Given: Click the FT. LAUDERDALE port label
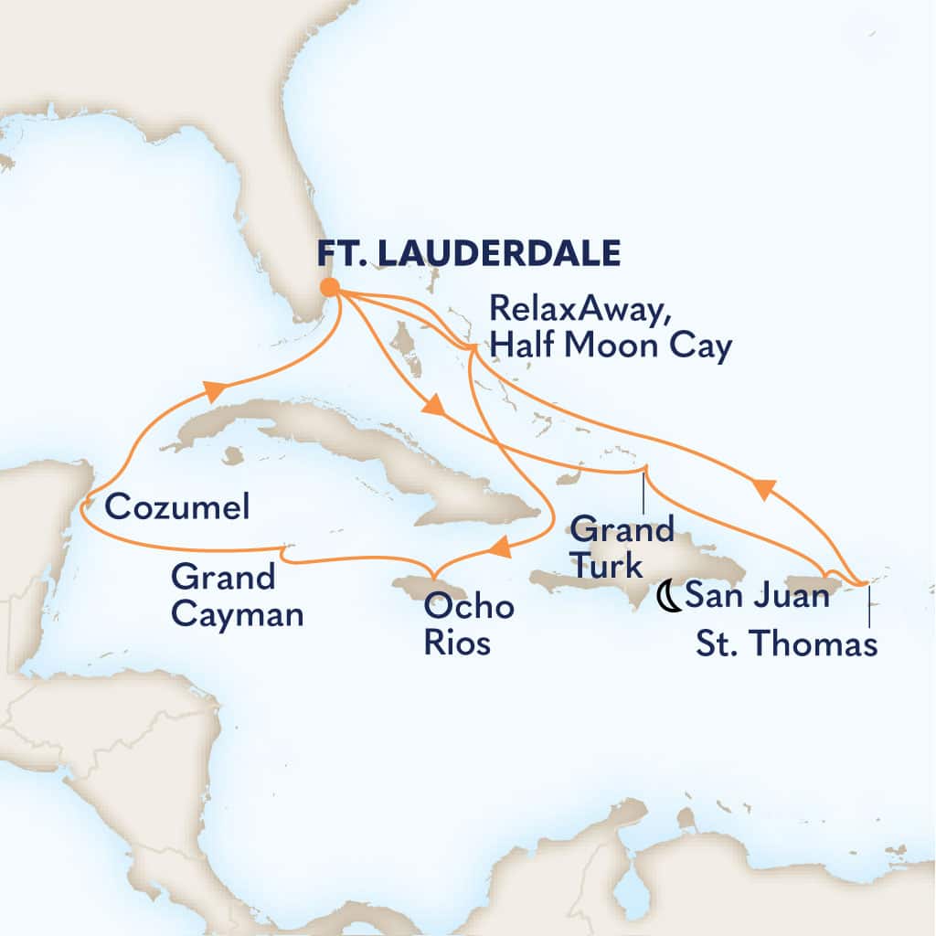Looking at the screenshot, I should pyautogui.click(x=469, y=252).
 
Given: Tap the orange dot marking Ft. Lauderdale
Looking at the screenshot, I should pyautogui.click(x=330, y=287).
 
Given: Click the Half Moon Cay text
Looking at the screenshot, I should pyautogui.click(x=612, y=347).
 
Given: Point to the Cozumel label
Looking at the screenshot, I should pyautogui.click(x=176, y=507).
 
